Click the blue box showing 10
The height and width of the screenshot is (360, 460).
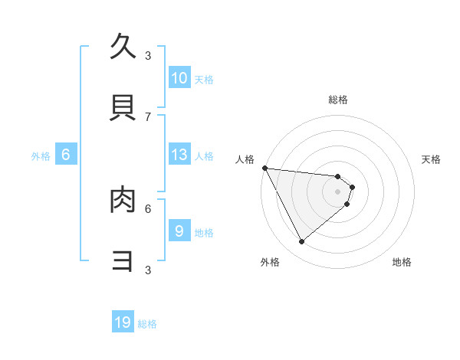(x=179, y=77)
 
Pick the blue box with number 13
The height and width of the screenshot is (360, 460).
(x=179, y=155)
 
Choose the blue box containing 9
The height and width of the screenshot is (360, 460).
(x=179, y=231)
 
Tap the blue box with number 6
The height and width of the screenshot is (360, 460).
(x=66, y=155)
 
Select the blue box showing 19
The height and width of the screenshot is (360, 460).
(x=123, y=322)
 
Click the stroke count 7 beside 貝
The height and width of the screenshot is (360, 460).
(x=148, y=116)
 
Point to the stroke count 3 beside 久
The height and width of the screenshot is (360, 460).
(x=148, y=55)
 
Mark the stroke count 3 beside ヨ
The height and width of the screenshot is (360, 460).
(x=148, y=270)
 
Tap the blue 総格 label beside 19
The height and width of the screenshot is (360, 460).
(x=147, y=324)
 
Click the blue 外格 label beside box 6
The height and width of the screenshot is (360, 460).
(x=41, y=156)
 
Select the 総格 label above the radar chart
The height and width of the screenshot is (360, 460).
(x=338, y=100)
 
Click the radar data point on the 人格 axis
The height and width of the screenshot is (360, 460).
(x=264, y=168)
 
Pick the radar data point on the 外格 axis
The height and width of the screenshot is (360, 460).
(x=301, y=241)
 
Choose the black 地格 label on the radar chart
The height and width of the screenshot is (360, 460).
(x=402, y=262)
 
